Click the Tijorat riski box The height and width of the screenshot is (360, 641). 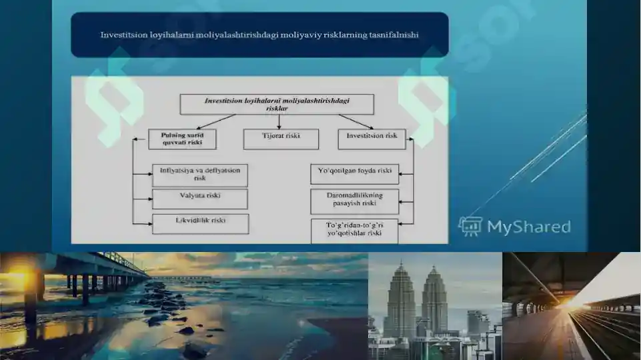[281, 139]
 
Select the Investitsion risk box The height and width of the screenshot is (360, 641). [372, 139]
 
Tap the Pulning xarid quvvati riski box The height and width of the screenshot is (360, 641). [182, 139]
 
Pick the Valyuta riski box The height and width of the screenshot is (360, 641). [200, 199]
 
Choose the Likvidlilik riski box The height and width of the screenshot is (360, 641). [200, 224]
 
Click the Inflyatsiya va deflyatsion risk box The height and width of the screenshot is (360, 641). [200, 175]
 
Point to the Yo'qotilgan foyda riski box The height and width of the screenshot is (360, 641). [354, 174]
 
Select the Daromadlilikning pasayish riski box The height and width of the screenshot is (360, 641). [354, 201]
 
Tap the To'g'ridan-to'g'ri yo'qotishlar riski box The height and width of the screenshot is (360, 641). [354, 231]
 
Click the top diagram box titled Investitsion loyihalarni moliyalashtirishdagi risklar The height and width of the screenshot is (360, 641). [277, 104]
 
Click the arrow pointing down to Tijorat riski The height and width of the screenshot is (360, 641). [279, 122]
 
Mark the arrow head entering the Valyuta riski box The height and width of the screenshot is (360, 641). [149, 199]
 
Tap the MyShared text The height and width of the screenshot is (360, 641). [529, 227]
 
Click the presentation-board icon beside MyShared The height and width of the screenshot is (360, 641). [470, 226]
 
